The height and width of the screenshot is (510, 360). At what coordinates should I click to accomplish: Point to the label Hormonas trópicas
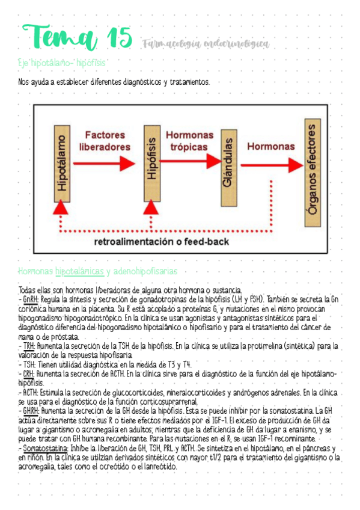point(189,141)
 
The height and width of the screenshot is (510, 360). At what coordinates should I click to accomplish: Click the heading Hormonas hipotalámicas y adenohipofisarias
point(97,272)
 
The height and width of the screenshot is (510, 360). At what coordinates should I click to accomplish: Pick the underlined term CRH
point(28,373)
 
